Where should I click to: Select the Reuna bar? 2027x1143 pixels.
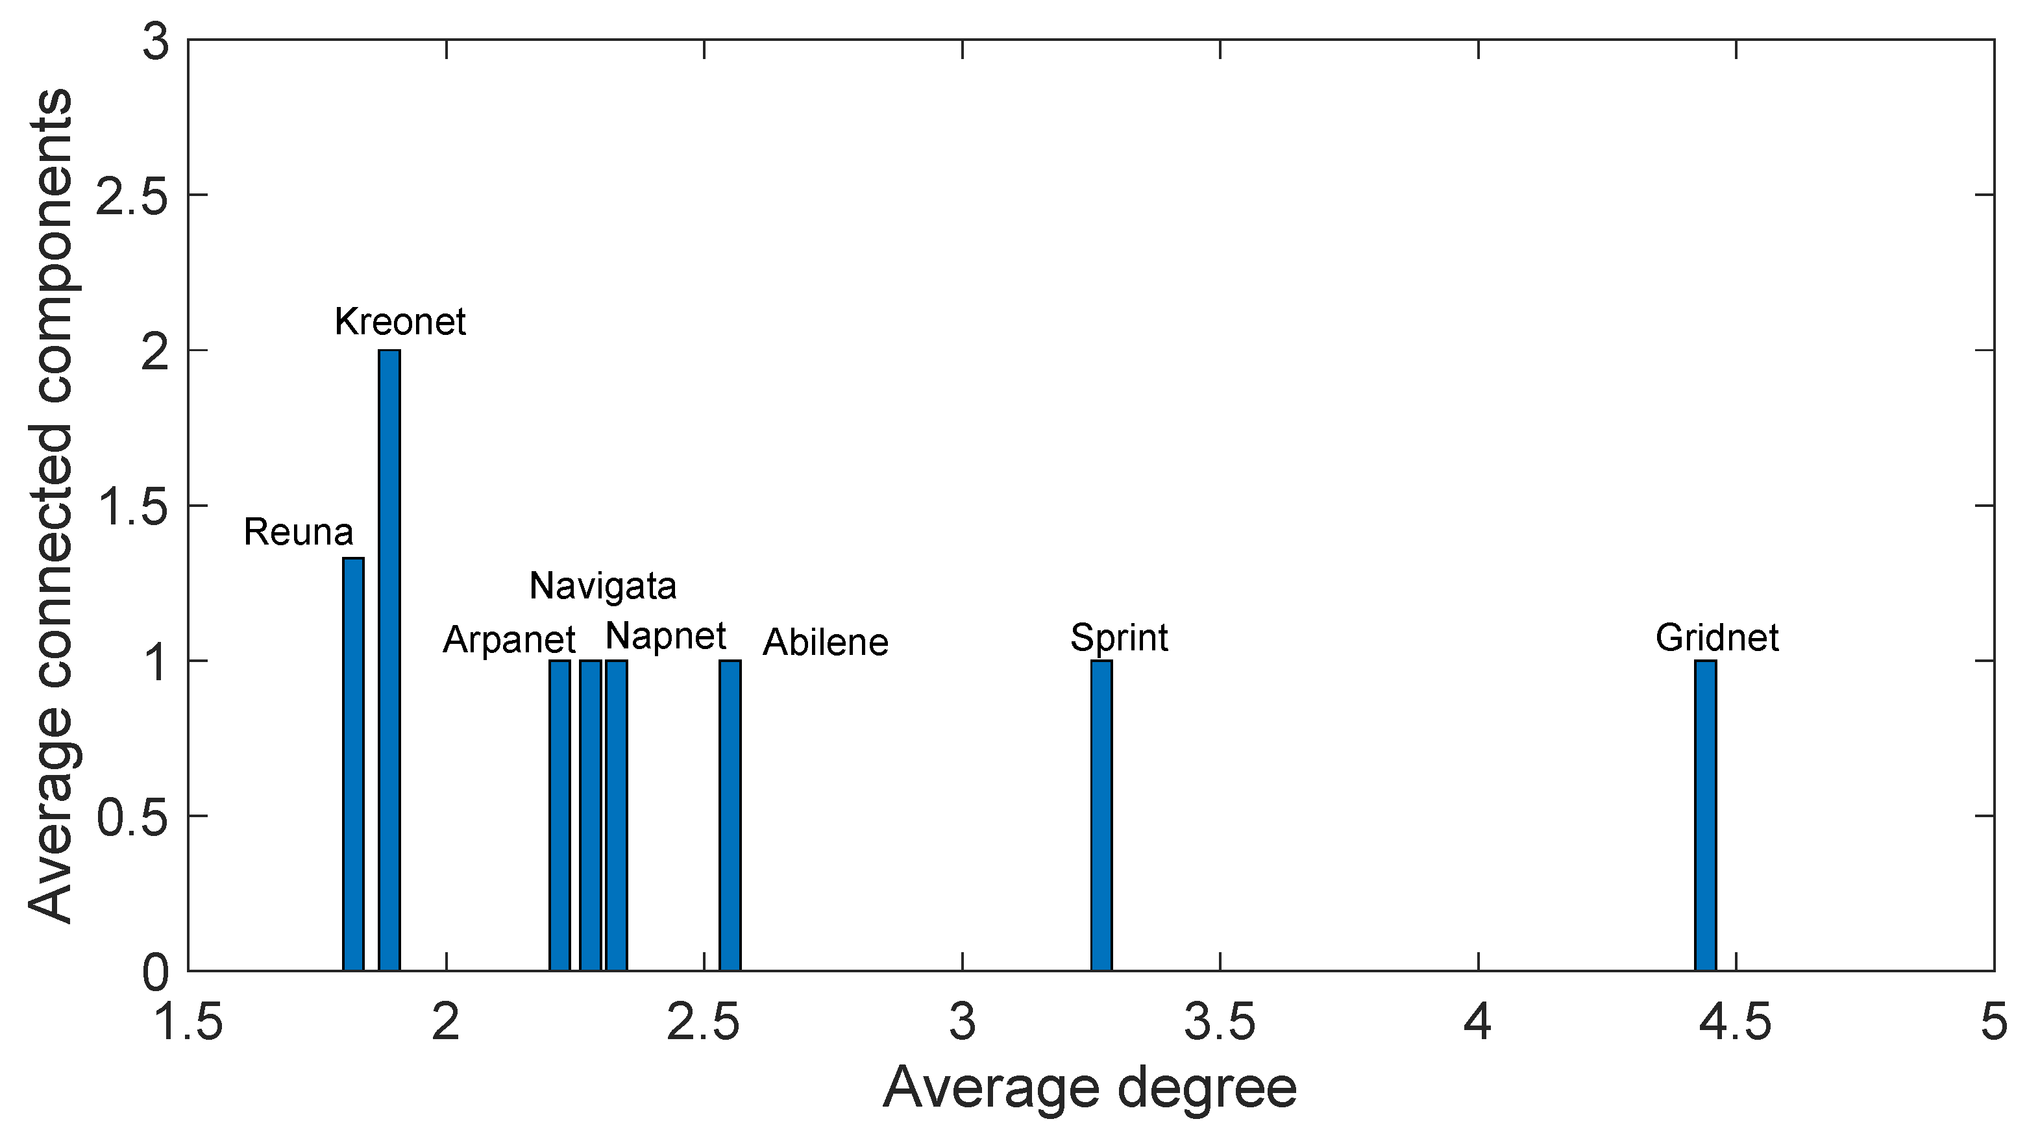tap(353, 763)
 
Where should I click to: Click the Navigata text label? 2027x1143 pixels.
tap(603, 586)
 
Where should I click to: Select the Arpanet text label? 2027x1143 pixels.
tap(509, 639)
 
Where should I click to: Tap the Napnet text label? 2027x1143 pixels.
tap(666, 635)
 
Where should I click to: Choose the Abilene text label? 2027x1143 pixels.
tap(826, 643)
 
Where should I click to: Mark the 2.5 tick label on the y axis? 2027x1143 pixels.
tap(132, 195)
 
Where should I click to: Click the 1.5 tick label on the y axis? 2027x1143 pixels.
tap(132, 506)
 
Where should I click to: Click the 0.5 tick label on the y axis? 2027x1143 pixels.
tap(132, 817)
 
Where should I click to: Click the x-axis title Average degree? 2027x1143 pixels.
tap(1090, 1088)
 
